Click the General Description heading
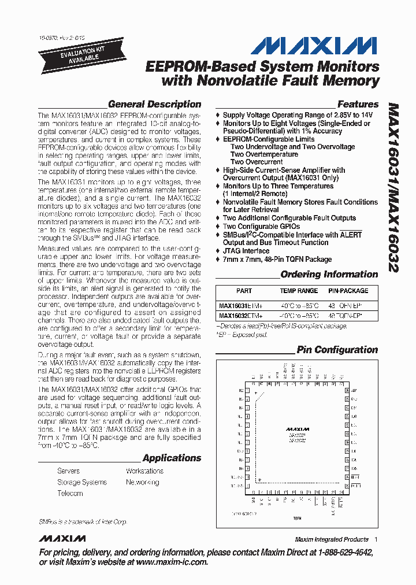pyautogui.click(x=154, y=105)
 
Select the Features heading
pyautogui.click(x=358, y=105)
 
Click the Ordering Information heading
pyautogui.click(x=329, y=275)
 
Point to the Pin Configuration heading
pyautogui.click(x=337, y=350)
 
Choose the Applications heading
pyautogui.click(x=172, y=458)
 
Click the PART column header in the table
pyautogui.click(x=244, y=291)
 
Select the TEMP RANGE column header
pyautogui.click(x=299, y=291)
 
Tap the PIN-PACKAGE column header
pyautogui.click(x=348, y=291)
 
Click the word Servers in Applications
pyautogui.click(x=69, y=471)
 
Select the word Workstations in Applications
pyautogui.click(x=144, y=471)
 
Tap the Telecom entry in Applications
pyautogui.click(x=70, y=494)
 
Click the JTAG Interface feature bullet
pyautogui.click(x=246, y=251)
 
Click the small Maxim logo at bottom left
pyautogui.click(x=62, y=539)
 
